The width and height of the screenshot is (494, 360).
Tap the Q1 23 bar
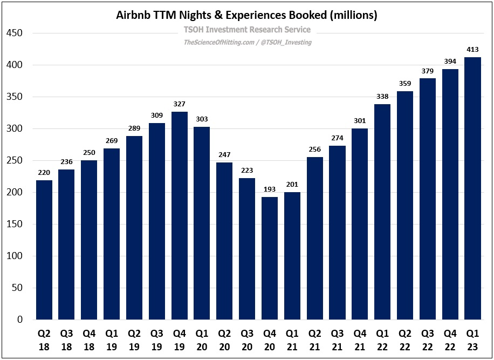pos(472,188)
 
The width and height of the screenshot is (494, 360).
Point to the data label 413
pos(472,50)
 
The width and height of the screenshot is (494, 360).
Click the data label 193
pos(270,189)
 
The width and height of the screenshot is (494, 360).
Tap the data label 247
pos(224,155)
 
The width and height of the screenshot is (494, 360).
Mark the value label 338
pos(382,97)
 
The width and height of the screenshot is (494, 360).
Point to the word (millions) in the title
pos(351,15)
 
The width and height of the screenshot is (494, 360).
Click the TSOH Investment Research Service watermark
pos(248,30)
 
